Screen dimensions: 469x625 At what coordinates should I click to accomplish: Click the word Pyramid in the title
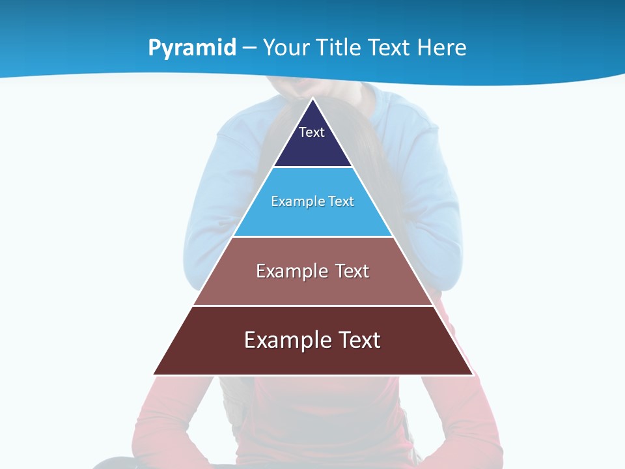(x=192, y=48)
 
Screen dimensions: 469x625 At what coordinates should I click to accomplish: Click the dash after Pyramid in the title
(x=249, y=48)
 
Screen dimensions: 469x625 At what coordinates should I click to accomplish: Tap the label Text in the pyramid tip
(x=312, y=132)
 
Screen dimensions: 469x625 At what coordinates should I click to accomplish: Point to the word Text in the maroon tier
(x=357, y=340)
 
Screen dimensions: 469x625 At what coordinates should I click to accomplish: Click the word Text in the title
(x=390, y=48)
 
